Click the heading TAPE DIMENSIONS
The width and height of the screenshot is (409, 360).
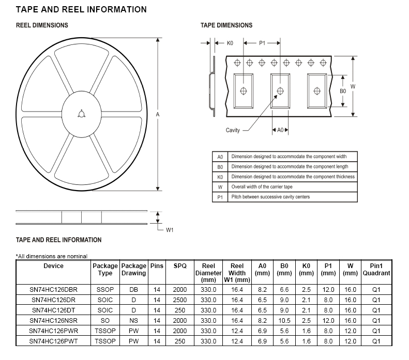tap(226, 25)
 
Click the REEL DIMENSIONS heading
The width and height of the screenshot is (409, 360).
tap(42, 25)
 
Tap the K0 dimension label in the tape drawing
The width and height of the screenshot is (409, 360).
tap(230, 43)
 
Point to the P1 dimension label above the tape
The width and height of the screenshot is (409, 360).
tap(262, 43)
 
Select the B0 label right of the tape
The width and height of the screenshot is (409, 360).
tap(343, 91)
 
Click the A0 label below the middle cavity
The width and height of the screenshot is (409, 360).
tap(280, 130)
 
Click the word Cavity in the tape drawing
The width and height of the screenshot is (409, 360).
tap(233, 130)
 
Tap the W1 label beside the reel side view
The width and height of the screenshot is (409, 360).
tap(170, 230)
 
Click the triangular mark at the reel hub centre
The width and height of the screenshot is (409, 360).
tap(81, 114)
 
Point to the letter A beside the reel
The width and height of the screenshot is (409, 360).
tap(158, 114)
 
